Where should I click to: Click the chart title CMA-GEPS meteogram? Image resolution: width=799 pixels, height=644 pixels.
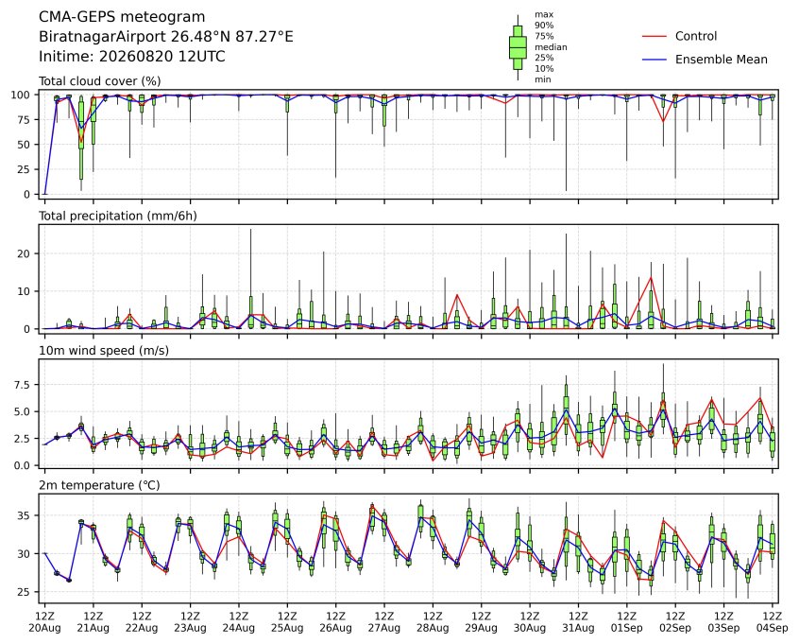tap(122, 17)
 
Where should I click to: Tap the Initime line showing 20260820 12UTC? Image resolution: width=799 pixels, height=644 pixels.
tap(132, 56)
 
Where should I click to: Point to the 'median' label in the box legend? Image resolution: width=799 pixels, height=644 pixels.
tap(551, 47)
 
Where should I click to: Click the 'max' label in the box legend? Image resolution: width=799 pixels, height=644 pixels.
tap(544, 15)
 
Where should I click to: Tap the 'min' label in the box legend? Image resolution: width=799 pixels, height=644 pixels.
tap(543, 79)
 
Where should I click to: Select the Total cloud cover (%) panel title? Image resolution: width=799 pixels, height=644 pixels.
tap(100, 81)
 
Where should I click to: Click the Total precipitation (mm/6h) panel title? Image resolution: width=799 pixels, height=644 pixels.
tap(118, 216)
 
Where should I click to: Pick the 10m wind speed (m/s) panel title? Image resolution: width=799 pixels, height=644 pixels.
tap(104, 351)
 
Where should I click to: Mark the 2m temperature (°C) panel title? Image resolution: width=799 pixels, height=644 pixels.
tap(99, 485)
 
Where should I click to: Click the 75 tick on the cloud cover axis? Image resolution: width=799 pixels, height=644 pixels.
tap(24, 120)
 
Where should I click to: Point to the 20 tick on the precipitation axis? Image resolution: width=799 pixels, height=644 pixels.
tap(24, 253)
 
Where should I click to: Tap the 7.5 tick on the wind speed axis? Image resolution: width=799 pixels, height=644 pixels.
tap(22, 385)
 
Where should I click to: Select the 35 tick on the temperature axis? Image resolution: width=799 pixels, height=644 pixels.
tap(24, 516)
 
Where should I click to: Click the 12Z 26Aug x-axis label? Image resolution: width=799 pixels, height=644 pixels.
tap(336, 622)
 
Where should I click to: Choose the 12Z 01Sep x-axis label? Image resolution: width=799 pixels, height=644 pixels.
tap(627, 622)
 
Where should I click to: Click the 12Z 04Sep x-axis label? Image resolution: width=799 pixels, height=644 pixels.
tap(773, 622)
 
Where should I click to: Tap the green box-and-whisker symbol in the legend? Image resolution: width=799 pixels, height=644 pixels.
tap(518, 47)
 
